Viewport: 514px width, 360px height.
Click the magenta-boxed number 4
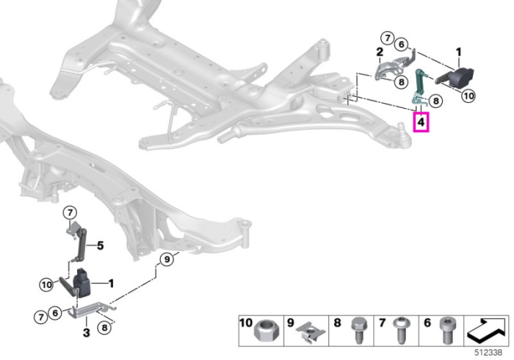tap(421, 122)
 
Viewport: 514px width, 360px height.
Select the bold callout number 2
tap(380, 52)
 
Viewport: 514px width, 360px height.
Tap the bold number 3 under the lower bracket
tap(86, 333)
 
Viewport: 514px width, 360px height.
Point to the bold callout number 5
tap(101, 245)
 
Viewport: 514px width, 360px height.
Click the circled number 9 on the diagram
tap(167, 259)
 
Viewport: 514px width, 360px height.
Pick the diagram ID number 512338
tap(488, 353)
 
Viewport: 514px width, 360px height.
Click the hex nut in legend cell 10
tap(266, 332)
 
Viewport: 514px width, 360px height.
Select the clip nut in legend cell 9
tap(310, 333)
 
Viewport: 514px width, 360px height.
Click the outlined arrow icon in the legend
tap(487, 331)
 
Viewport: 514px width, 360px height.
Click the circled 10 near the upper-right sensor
tap(468, 96)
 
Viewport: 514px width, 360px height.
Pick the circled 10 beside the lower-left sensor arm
tap(46, 284)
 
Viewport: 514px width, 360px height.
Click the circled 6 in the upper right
tap(401, 44)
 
